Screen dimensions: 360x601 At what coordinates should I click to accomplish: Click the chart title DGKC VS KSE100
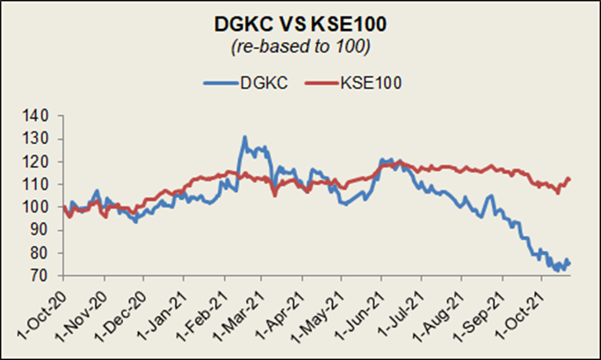pos(300,21)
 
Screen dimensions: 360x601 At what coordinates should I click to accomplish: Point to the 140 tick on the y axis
pos(42,116)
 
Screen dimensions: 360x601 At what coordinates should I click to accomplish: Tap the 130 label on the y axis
pos(42,139)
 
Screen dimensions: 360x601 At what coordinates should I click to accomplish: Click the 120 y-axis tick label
pos(42,162)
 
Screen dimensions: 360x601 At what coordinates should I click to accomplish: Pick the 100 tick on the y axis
pos(42,207)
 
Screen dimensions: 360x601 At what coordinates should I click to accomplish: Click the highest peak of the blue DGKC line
pos(244,137)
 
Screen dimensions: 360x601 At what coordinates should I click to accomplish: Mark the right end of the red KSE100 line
pos(570,179)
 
